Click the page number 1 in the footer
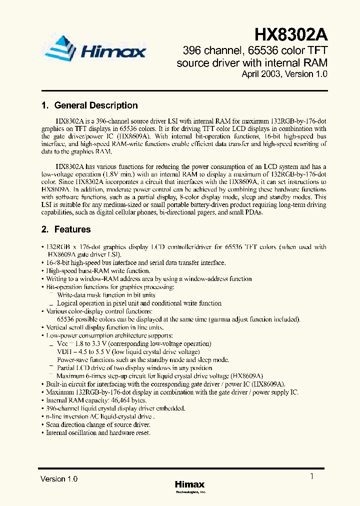point(312,476)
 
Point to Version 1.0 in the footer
point(59,479)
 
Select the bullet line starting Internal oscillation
point(98,432)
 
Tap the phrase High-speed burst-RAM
point(77,270)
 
